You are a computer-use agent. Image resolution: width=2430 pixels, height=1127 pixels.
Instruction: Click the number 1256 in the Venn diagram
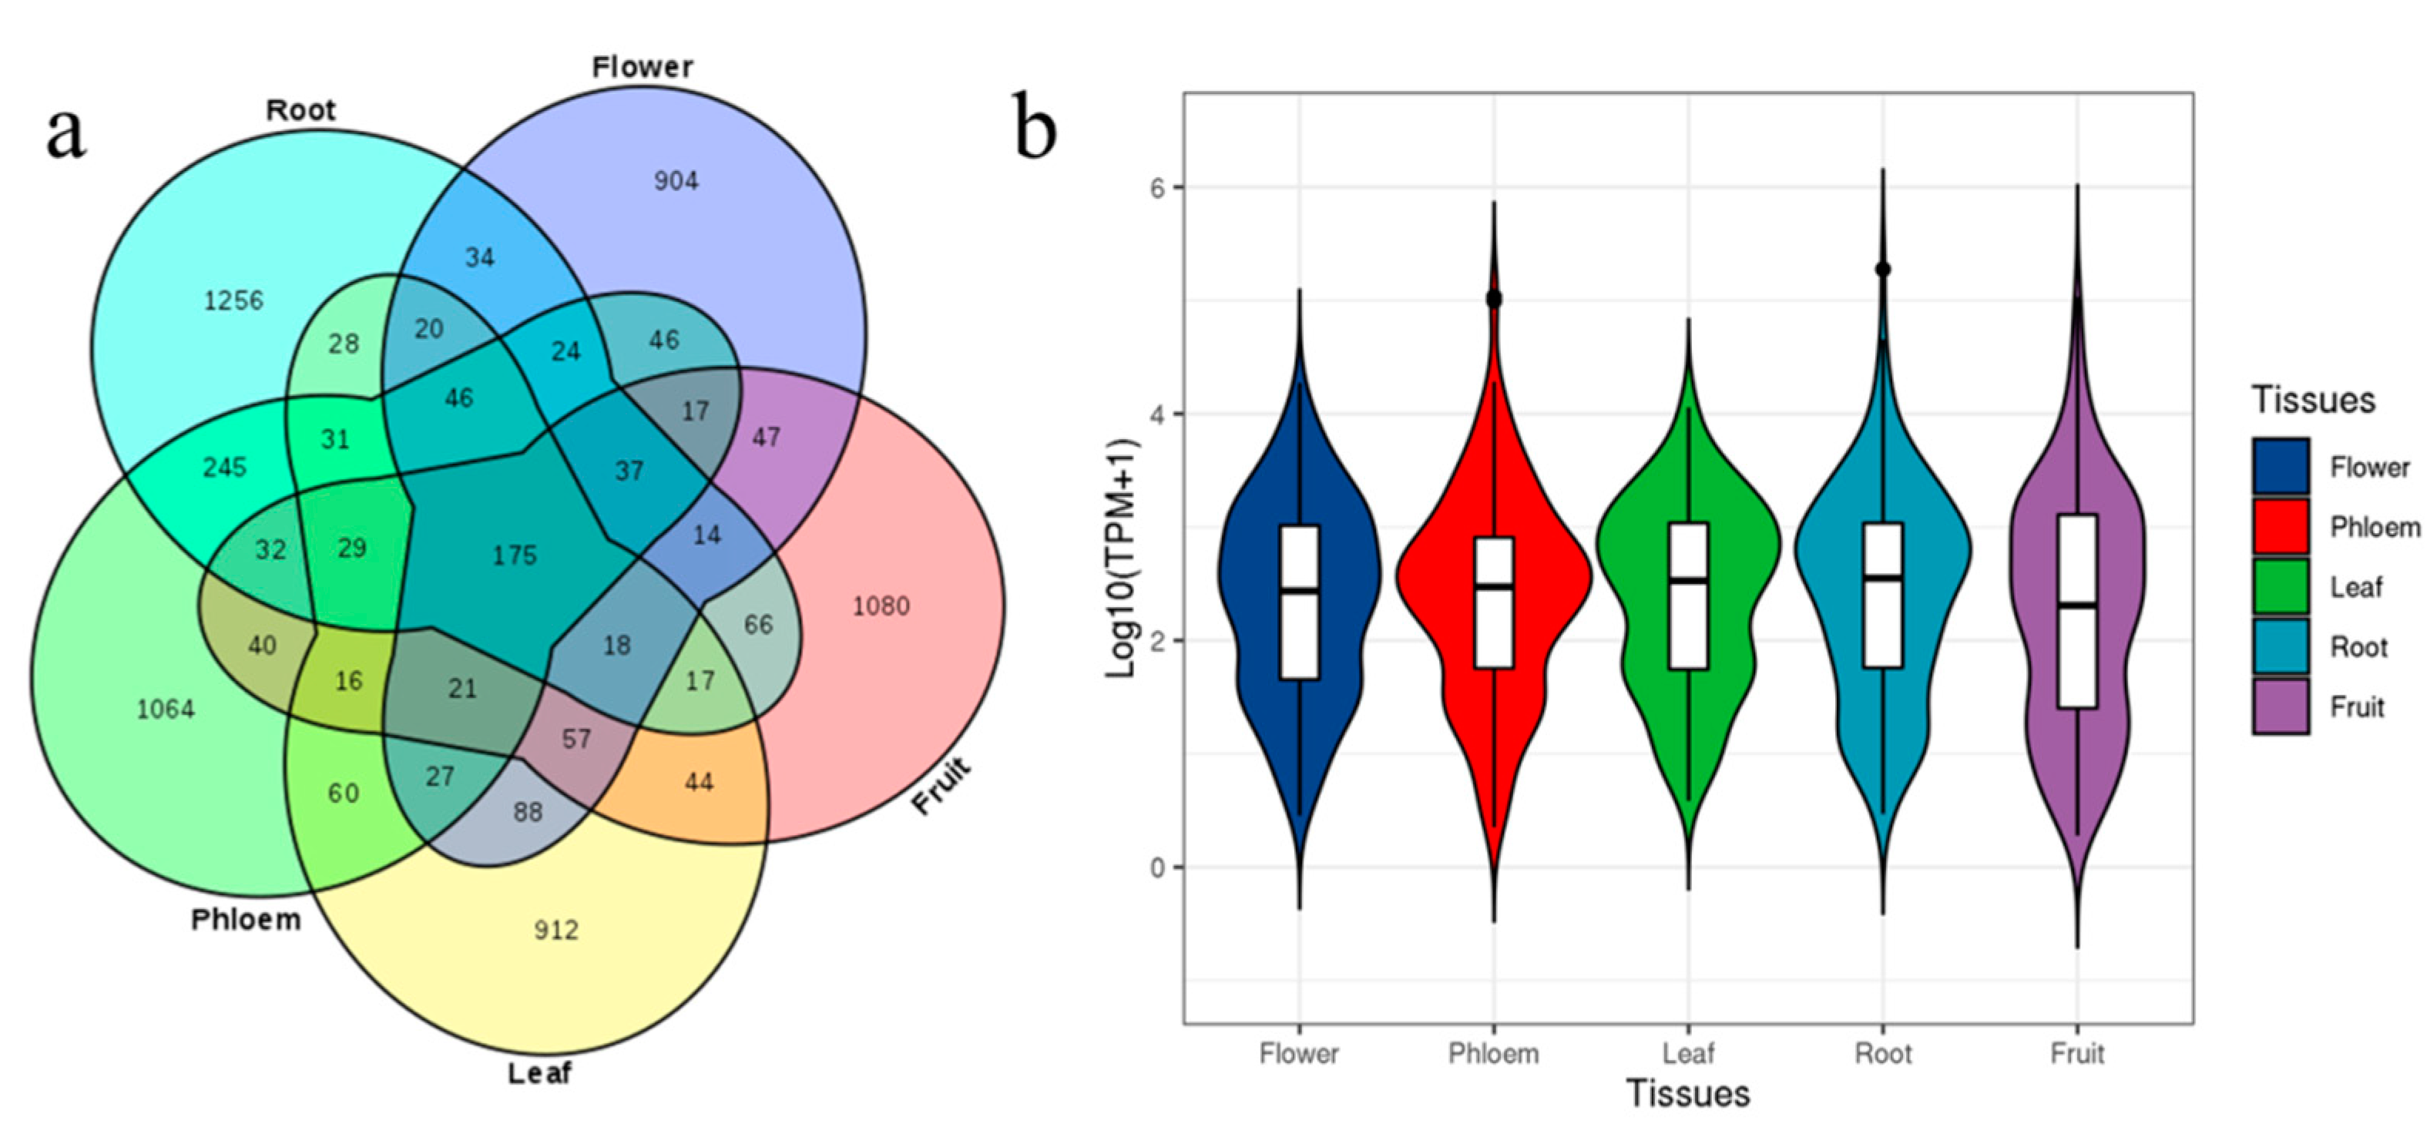(x=234, y=301)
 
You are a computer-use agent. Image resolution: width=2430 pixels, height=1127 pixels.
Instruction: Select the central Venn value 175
(x=514, y=555)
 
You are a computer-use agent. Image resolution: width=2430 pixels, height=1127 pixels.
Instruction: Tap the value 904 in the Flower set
(x=676, y=180)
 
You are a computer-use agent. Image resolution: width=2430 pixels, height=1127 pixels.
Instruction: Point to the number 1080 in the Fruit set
(x=881, y=605)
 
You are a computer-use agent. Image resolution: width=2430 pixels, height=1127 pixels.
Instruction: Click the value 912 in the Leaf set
(x=555, y=931)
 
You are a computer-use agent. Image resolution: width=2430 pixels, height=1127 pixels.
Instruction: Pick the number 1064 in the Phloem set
(x=166, y=709)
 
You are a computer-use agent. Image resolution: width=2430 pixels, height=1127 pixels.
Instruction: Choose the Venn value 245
(x=224, y=467)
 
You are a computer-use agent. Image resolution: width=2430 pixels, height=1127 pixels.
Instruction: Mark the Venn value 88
(x=529, y=811)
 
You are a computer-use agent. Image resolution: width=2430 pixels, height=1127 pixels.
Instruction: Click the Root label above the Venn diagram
(x=300, y=110)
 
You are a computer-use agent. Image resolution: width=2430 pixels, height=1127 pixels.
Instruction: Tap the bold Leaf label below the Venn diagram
(x=539, y=1073)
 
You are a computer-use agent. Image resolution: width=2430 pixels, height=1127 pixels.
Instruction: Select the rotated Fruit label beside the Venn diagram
(x=941, y=786)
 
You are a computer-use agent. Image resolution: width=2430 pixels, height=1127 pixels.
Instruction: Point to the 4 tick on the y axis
(x=1156, y=414)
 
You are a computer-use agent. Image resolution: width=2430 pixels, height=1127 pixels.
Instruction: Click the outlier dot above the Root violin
(x=1883, y=270)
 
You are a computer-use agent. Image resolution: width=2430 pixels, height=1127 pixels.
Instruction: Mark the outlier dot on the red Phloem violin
(x=1494, y=299)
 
